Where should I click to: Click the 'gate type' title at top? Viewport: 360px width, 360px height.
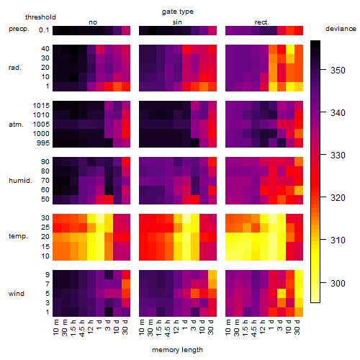[178, 12]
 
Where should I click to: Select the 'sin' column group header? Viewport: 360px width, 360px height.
[177, 22]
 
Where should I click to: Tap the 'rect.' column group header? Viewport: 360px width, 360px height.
[261, 22]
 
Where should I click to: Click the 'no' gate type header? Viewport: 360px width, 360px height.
[93, 22]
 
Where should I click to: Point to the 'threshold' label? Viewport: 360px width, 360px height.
[40, 17]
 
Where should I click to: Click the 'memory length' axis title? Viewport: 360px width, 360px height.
[177, 350]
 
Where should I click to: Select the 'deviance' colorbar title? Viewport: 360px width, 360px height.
[341, 29]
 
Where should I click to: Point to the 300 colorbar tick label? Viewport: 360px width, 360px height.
[338, 284]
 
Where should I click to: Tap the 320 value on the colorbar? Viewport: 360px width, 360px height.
[338, 198]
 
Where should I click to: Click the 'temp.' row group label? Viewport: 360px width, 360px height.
[18, 236]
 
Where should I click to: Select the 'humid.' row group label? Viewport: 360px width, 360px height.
[20, 181]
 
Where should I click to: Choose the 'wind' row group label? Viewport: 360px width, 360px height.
[17, 294]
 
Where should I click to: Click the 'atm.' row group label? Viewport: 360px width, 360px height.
[16, 125]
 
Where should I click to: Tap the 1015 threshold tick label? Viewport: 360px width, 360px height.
[41, 106]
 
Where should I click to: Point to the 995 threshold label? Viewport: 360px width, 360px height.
[43, 143]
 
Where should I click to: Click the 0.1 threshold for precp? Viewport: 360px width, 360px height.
[44, 30]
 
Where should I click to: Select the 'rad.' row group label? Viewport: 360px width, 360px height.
[15, 68]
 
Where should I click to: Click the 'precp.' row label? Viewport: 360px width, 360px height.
[19, 29]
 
